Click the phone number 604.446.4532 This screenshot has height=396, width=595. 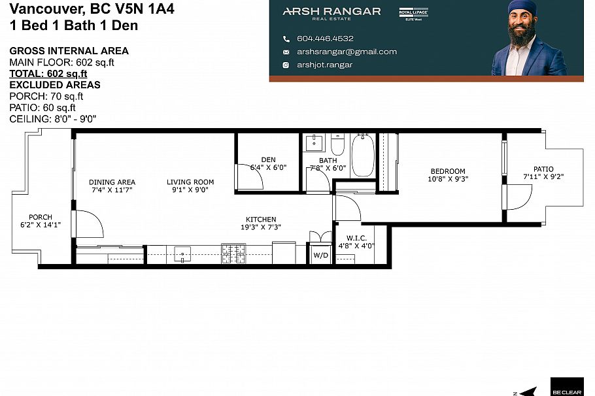(x=325, y=39)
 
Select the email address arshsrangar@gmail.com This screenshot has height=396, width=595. (x=347, y=52)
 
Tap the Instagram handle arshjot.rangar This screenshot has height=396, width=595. (x=324, y=65)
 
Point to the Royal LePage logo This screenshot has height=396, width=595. (x=413, y=12)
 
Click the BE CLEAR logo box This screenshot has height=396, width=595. (x=566, y=386)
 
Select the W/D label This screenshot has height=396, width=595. (x=320, y=255)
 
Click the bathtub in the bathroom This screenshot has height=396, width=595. (x=362, y=156)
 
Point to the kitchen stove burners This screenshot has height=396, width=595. (x=233, y=253)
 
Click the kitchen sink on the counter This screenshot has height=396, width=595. (x=182, y=254)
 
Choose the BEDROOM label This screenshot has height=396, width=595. (x=448, y=171)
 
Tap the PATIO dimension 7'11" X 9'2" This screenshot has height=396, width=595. (x=543, y=176)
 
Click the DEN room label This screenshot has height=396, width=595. (x=268, y=159)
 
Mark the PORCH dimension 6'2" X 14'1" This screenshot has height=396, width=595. (x=41, y=225)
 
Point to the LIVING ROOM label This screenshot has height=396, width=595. (x=190, y=182)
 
